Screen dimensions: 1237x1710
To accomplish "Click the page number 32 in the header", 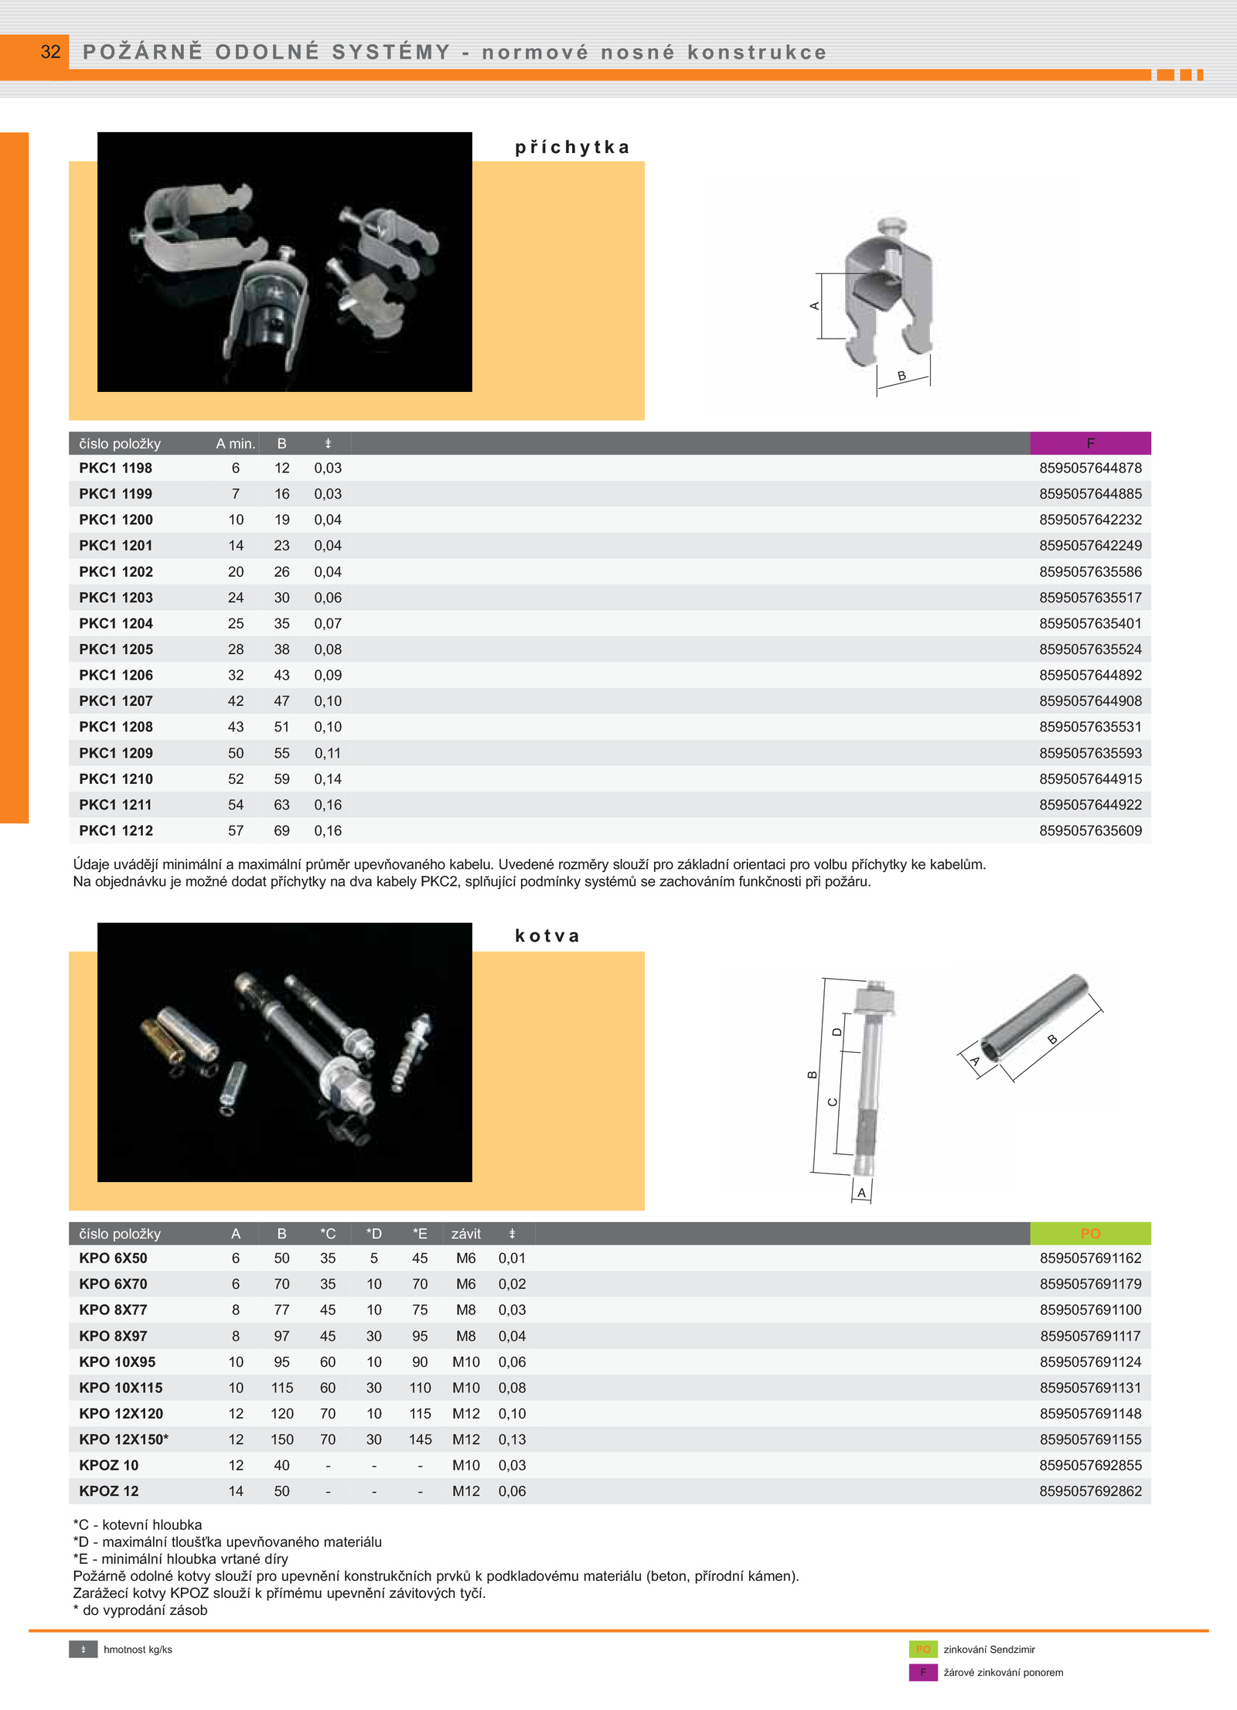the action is click(50, 52).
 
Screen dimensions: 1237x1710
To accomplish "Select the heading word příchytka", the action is click(572, 148).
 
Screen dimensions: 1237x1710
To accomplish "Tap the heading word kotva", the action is click(547, 936).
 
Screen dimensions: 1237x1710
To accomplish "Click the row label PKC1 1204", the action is click(116, 623).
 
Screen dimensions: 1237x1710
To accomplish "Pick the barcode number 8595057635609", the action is click(1090, 830).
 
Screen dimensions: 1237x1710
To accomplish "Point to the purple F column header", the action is click(1090, 443).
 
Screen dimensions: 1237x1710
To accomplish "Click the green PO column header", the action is click(1090, 1233).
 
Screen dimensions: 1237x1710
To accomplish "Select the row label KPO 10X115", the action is click(121, 1388).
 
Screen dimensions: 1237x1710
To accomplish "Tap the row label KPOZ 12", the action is click(109, 1491).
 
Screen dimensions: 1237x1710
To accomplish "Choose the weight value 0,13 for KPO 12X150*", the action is click(512, 1439).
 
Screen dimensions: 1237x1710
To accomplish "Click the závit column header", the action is click(466, 1234).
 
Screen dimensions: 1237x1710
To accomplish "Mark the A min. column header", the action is click(236, 444).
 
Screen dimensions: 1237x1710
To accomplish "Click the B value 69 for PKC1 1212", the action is click(281, 830).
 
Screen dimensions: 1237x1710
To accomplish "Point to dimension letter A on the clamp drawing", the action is click(814, 306).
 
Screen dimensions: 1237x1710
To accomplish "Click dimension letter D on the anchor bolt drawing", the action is click(837, 1032).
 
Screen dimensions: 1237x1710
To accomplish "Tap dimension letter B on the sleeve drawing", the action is click(1052, 1040).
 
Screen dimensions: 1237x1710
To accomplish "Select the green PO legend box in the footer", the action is click(923, 1649).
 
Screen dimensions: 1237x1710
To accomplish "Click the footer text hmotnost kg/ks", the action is click(138, 1650).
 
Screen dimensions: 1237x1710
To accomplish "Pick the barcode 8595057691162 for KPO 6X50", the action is click(1090, 1258).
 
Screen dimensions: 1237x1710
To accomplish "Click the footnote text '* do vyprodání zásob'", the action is click(140, 1610).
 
